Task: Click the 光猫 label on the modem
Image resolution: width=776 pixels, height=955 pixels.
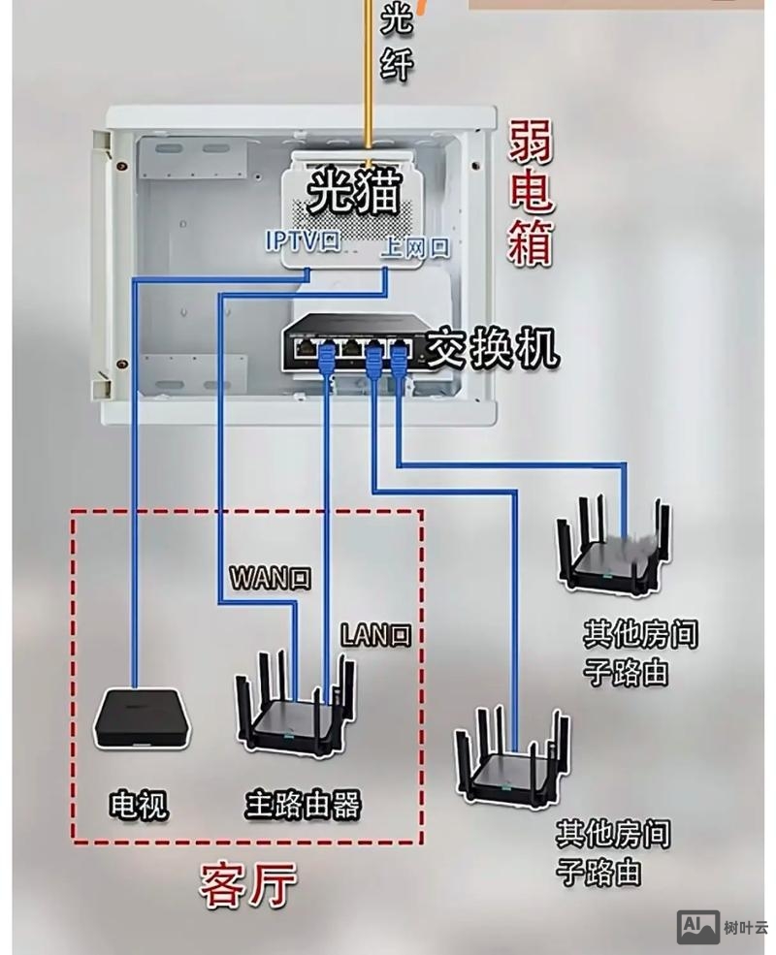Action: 353,193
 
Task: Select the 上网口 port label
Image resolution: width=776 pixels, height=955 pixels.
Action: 415,247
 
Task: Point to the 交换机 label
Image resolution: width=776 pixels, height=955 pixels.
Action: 494,347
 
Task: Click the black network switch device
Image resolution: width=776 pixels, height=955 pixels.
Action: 353,345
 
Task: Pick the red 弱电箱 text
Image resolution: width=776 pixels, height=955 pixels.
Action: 531,195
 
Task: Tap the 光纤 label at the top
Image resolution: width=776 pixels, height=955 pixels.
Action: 397,41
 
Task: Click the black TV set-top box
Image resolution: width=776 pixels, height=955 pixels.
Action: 142,718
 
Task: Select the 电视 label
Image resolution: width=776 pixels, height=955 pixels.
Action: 138,804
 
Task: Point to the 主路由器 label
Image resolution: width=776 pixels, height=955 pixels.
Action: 303,804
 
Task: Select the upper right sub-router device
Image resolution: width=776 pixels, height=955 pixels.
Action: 613,549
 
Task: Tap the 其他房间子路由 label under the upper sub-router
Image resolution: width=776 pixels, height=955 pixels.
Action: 639,653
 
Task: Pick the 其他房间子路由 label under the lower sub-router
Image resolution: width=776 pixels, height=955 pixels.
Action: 613,851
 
